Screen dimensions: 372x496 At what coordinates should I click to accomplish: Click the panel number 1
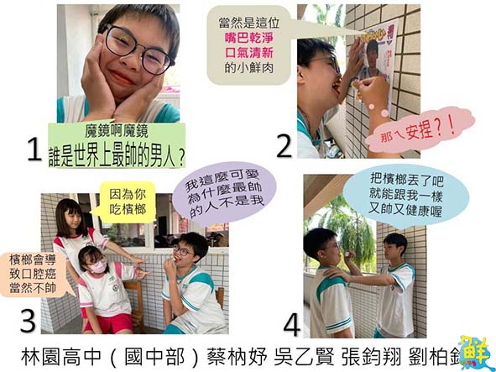pos(34,149)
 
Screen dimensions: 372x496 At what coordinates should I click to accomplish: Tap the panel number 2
pos(284,144)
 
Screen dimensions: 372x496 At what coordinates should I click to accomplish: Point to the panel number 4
pos(291,322)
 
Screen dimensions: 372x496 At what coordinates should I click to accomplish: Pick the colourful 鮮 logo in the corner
pos(475,351)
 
